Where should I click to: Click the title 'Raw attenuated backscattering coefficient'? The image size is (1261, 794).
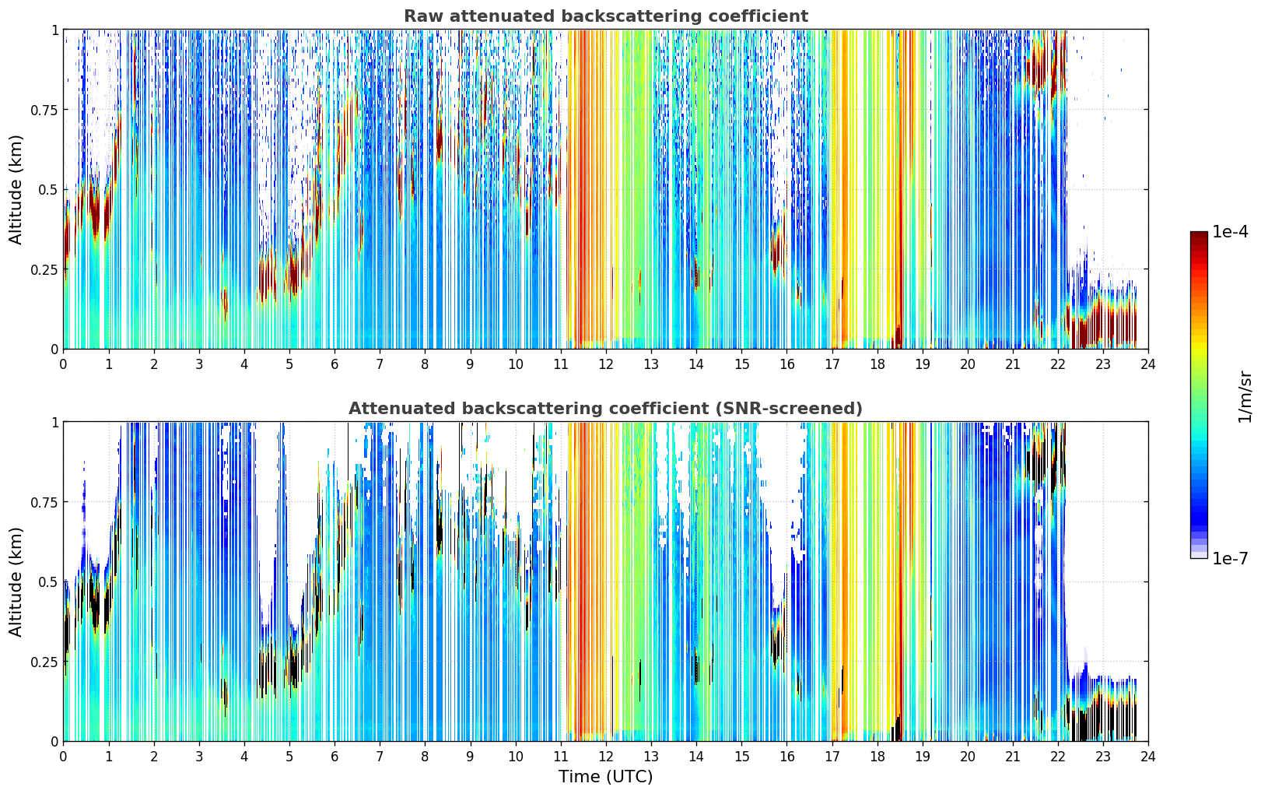pyautogui.click(x=606, y=16)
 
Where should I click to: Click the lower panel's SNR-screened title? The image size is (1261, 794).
pyautogui.click(x=606, y=408)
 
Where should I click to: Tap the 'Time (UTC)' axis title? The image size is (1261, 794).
pyautogui.click(x=606, y=777)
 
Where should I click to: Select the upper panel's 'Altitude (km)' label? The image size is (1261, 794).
pyautogui.click(x=16, y=189)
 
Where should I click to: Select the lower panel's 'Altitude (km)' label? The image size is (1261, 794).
pyautogui.click(x=16, y=581)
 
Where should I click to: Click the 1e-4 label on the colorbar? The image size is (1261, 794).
pyautogui.click(x=1230, y=231)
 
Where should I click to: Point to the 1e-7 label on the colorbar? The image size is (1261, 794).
pyautogui.click(x=1230, y=559)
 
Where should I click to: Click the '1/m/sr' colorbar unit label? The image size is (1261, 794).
pyautogui.click(x=1245, y=396)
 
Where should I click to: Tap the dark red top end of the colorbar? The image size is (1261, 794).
pyautogui.click(x=1199, y=234)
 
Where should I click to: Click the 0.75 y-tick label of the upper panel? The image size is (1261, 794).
pyautogui.click(x=44, y=110)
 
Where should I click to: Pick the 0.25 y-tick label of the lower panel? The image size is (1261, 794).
pyautogui.click(x=44, y=662)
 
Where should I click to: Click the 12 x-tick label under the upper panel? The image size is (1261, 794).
pyautogui.click(x=606, y=364)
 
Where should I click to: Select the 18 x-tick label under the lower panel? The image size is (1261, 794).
pyautogui.click(x=877, y=757)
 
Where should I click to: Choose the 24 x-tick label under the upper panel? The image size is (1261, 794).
pyautogui.click(x=1148, y=364)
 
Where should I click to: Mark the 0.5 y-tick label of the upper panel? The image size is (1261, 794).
pyautogui.click(x=47, y=190)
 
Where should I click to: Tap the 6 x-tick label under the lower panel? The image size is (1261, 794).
pyautogui.click(x=335, y=757)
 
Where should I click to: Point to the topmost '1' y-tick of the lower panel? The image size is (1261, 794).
pyautogui.click(x=54, y=423)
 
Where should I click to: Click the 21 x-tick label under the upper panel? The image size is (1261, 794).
pyautogui.click(x=1013, y=364)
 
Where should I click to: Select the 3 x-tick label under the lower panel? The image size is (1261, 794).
pyautogui.click(x=198, y=757)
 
